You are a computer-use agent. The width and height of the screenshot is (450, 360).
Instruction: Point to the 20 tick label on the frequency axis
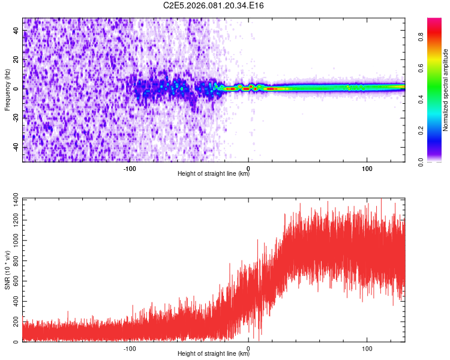[16, 59]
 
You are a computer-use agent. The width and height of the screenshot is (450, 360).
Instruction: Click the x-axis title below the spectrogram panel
[214, 174]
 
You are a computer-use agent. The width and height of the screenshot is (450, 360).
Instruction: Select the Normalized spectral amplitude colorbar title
[446, 90]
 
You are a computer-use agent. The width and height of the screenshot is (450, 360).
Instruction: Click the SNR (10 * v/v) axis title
[8, 270]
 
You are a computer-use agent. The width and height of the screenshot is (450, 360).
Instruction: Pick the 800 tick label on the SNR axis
[14, 260]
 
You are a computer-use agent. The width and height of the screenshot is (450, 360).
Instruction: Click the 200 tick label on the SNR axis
[14, 322]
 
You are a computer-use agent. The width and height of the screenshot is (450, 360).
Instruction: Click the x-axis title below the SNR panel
[214, 354]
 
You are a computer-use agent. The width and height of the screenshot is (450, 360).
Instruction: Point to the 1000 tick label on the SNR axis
[12, 241]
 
